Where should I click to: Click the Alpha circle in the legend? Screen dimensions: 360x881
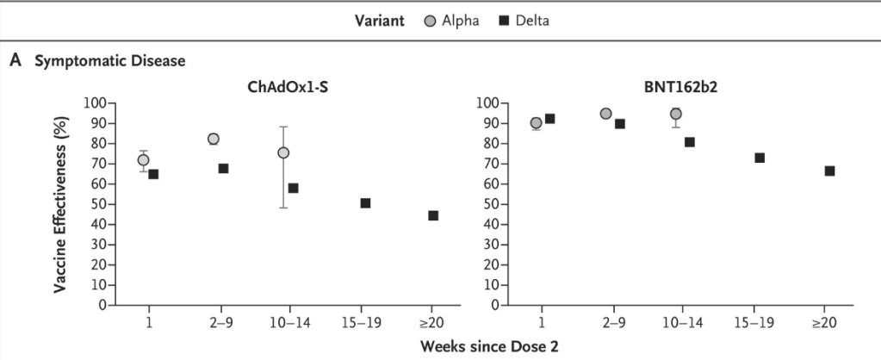point(431,21)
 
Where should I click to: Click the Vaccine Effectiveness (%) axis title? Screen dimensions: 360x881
point(62,203)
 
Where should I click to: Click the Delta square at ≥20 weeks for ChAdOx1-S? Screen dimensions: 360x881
point(432,215)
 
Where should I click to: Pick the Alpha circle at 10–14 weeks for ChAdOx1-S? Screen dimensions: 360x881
point(283,152)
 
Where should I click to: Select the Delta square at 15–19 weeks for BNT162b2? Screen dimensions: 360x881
point(760,158)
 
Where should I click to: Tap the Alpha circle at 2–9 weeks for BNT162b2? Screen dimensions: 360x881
point(606,114)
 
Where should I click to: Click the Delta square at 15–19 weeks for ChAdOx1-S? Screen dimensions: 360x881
point(365,203)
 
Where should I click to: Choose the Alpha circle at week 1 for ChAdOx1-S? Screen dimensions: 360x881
point(143,160)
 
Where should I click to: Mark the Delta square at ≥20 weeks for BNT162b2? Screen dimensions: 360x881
point(829,171)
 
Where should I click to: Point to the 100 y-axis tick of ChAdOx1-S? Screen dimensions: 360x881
point(95,103)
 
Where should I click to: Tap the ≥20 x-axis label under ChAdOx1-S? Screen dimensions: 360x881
point(430,321)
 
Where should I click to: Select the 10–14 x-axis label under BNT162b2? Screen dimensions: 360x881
point(683,321)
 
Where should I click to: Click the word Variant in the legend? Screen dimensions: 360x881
point(380,21)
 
